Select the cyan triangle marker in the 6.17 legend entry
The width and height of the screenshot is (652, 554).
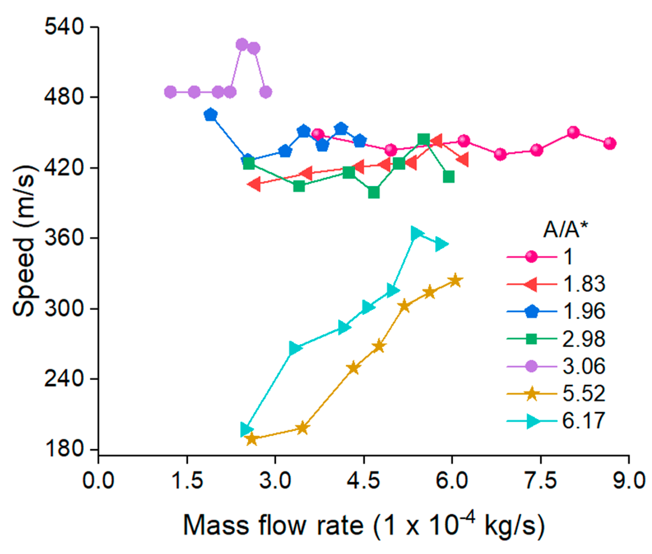coord(532,421)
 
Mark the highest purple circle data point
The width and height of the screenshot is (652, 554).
coord(242,44)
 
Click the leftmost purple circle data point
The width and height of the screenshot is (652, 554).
coord(170,92)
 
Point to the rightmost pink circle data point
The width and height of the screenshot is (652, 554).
coord(610,143)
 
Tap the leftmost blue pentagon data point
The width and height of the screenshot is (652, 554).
coord(210,115)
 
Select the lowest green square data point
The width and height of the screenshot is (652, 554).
coord(374,192)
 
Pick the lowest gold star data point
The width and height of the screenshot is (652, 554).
coord(252,439)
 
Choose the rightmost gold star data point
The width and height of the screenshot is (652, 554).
coord(455,280)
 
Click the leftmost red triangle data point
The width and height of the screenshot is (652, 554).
coord(254,184)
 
